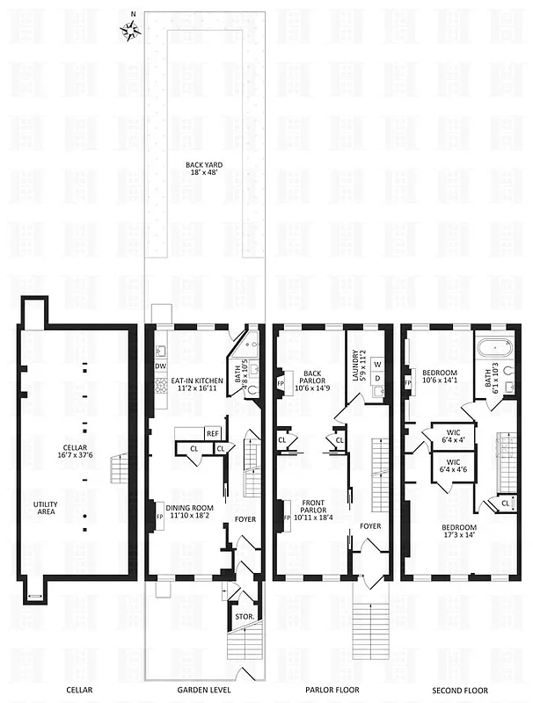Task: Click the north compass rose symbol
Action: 132,32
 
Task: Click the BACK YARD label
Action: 202,167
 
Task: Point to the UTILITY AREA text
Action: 47,506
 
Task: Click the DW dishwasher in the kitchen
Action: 160,366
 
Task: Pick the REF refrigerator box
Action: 213,433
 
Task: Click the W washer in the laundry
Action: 378,363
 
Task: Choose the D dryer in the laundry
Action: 378,379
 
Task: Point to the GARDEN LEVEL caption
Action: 204,690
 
